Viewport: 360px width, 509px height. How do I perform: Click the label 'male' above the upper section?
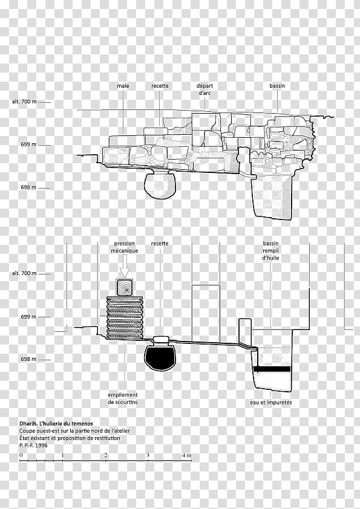(x=123, y=86)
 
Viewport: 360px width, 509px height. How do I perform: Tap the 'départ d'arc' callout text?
(x=205, y=89)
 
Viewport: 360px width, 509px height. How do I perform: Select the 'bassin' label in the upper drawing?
(x=277, y=86)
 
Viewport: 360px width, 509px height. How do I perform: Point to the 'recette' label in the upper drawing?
(x=160, y=86)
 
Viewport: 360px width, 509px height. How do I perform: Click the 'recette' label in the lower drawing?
(x=160, y=244)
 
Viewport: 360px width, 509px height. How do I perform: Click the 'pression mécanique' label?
(x=125, y=247)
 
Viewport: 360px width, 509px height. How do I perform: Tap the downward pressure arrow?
(x=125, y=266)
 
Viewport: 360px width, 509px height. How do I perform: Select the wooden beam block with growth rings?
(x=125, y=288)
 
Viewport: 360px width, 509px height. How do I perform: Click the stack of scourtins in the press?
(x=125, y=318)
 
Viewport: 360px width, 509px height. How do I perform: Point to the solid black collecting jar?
(x=160, y=358)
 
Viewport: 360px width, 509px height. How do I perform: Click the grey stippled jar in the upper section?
(x=160, y=186)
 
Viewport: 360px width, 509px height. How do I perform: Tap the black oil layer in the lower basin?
(x=272, y=369)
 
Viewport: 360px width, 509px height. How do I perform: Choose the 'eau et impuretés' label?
(x=271, y=403)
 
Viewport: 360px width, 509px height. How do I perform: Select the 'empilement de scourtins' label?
(x=123, y=398)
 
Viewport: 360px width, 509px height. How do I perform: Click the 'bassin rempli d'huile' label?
(x=271, y=251)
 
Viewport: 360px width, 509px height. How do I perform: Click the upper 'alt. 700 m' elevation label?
(x=24, y=102)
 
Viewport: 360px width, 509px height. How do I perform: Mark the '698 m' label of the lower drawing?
(x=28, y=359)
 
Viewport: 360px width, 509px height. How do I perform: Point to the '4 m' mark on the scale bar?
(x=186, y=455)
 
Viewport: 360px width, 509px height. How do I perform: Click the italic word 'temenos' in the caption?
(x=82, y=424)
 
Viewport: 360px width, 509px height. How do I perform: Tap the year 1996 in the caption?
(x=41, y=446)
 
